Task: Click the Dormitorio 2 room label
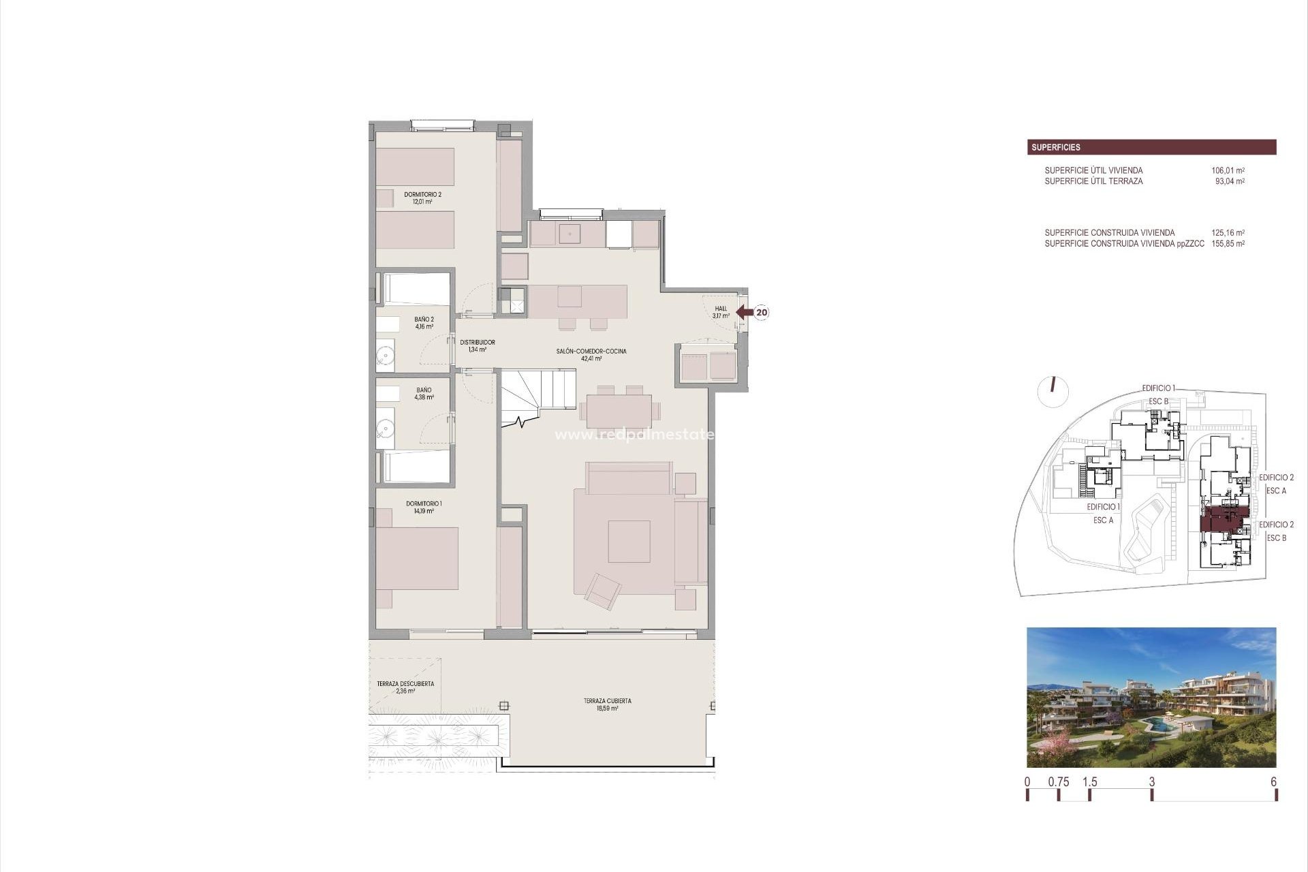pyautogui.click(x=422, y=198)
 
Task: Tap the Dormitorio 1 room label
pyautogui.click(x=424, y=507)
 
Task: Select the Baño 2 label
pyautogui.click(x=424, y=322)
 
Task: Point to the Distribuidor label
pyautogui.click(x=477, y=345)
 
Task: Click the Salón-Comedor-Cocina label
pyautogui.click(x=591, y=354)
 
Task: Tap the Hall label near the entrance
pyautogui.click(x=721, y=312)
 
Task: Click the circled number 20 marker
pyautogui.click(x=762, y=313)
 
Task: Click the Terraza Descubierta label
pyautogui.click(x=405, y=687)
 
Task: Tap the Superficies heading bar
pyautogui.click(x=1151, y=147)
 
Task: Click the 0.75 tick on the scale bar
pyautogui.click(x=1058, y=782)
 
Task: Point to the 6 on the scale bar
pyautogui.click(x=1273, y=782)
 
